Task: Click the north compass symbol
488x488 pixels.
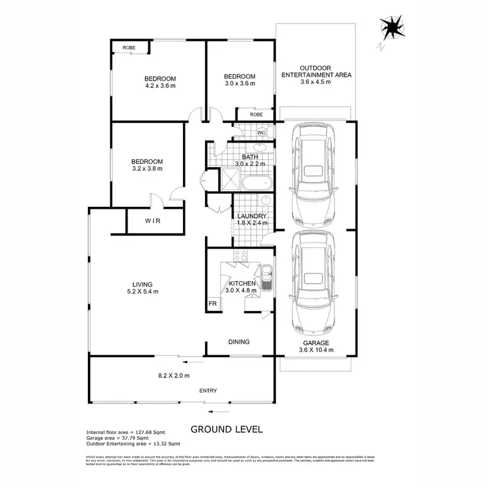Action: point(392,28)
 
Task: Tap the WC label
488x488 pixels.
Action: point(261,133)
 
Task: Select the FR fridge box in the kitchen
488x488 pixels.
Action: point(213,304)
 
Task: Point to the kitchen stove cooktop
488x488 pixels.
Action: point(241,256)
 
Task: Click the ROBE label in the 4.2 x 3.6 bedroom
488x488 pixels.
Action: point(129,48)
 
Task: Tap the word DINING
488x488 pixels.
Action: point(239,342)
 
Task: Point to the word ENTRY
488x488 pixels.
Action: point(208,390)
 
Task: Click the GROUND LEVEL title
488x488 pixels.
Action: point(226,429)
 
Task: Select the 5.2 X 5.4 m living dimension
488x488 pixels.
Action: point(142,291)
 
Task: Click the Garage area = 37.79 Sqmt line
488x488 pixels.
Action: point(117,438)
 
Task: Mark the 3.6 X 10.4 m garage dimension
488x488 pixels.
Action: point(315,350)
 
